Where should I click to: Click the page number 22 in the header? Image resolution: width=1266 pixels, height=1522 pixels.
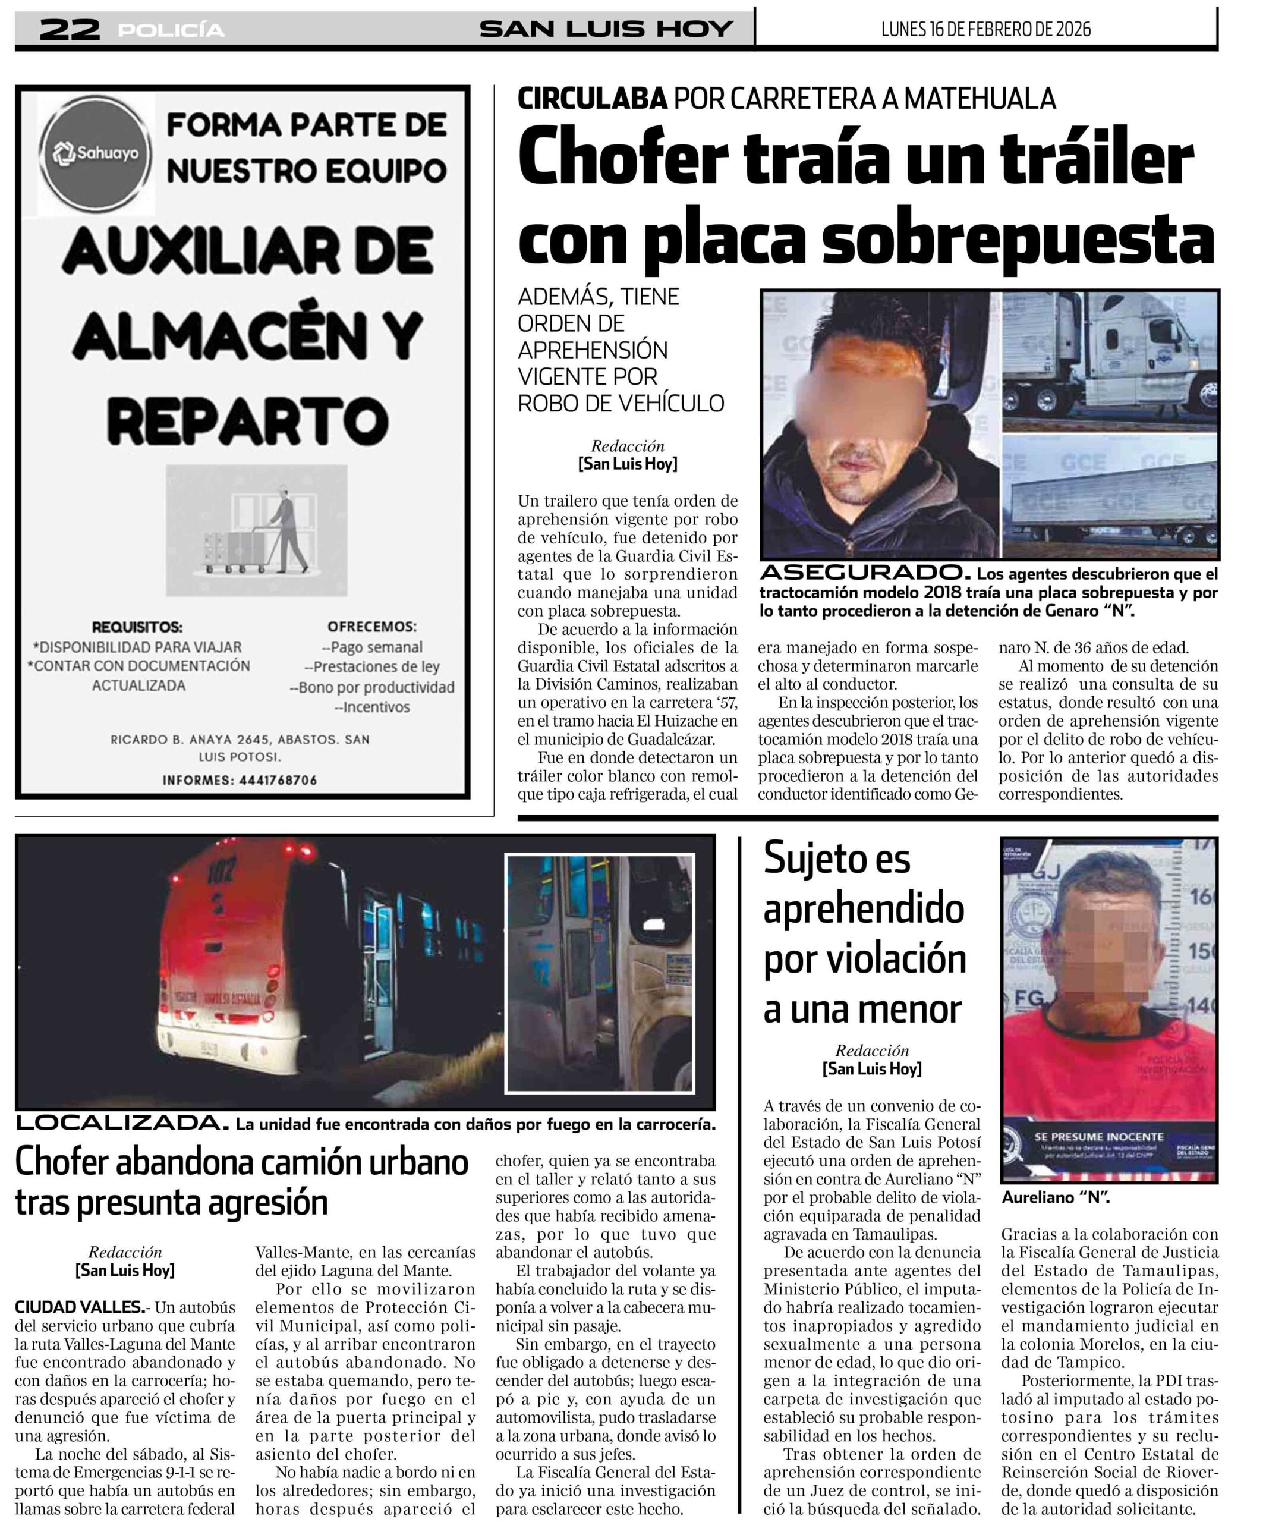coord(70,30)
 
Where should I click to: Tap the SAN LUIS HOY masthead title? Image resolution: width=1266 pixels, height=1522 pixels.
coord(606,29)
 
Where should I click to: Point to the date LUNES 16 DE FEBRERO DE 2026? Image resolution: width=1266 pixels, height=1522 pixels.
coord(985,29)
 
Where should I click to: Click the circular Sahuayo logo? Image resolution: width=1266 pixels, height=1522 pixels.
coord(97,153)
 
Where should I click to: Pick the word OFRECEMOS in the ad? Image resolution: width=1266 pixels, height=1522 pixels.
coord(371,627)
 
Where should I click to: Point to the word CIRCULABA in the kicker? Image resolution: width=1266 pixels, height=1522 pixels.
coord(592,99)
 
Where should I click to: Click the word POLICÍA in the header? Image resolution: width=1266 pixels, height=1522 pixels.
coord(171,30)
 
